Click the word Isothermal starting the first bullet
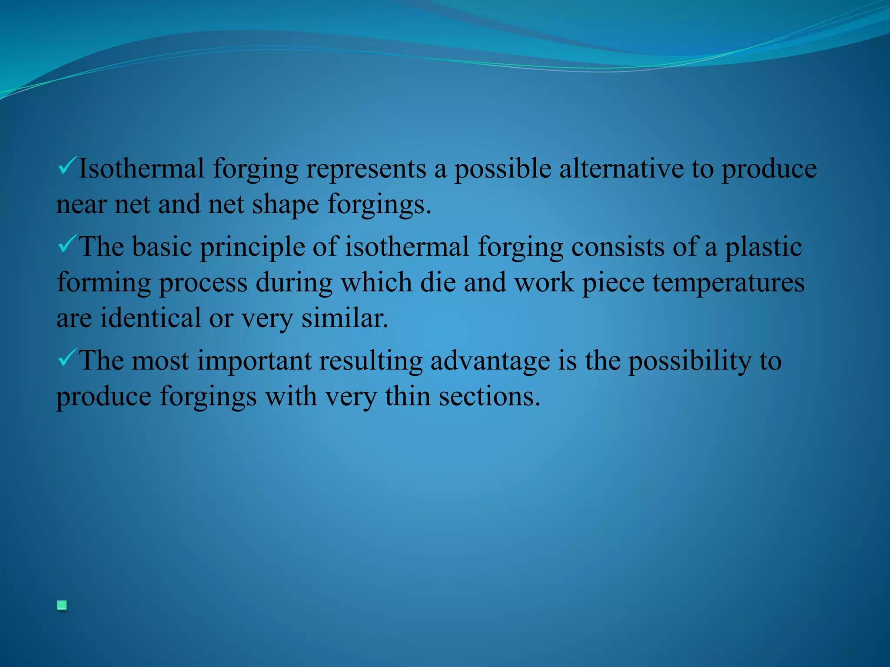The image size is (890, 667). [141, 168]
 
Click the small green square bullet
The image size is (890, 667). [62, 605]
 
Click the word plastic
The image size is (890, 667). [763, 247]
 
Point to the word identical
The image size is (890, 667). [150, 318]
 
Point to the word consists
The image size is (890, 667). [618, 247]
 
